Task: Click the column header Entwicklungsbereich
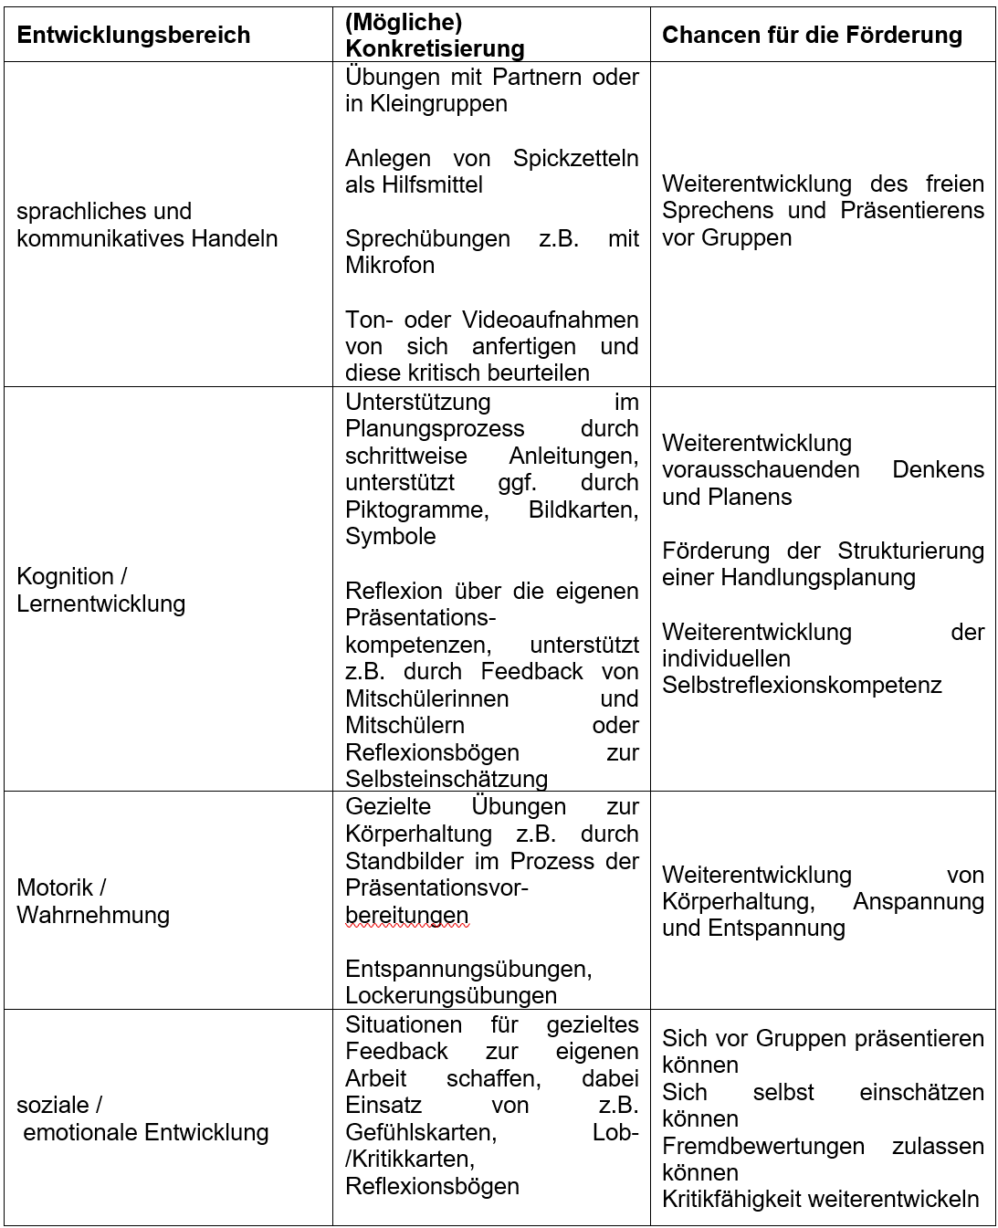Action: (133, 36)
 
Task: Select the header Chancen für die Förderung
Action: (812, 36)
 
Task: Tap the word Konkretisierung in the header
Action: (435, 48)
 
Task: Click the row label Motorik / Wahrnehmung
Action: (93, 901)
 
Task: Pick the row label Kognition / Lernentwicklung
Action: (100, 590)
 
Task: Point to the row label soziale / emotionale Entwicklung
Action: (142, 1119)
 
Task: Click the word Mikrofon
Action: (389, 266)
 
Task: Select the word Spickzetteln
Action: (575, 158)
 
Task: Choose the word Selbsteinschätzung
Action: (446, 779)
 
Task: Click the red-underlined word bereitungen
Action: (406, 915)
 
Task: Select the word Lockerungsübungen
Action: (451, 995)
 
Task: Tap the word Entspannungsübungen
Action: (468, 968)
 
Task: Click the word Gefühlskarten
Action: (420, 1133)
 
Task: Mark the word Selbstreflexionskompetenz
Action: (801, 685)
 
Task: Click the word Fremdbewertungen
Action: (762, 1146)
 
